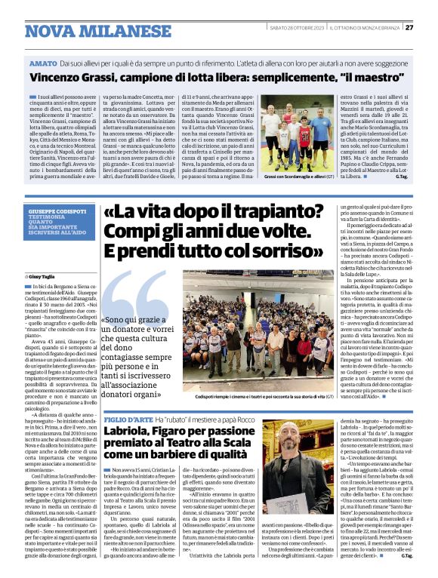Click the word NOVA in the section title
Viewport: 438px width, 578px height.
point(48,31)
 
